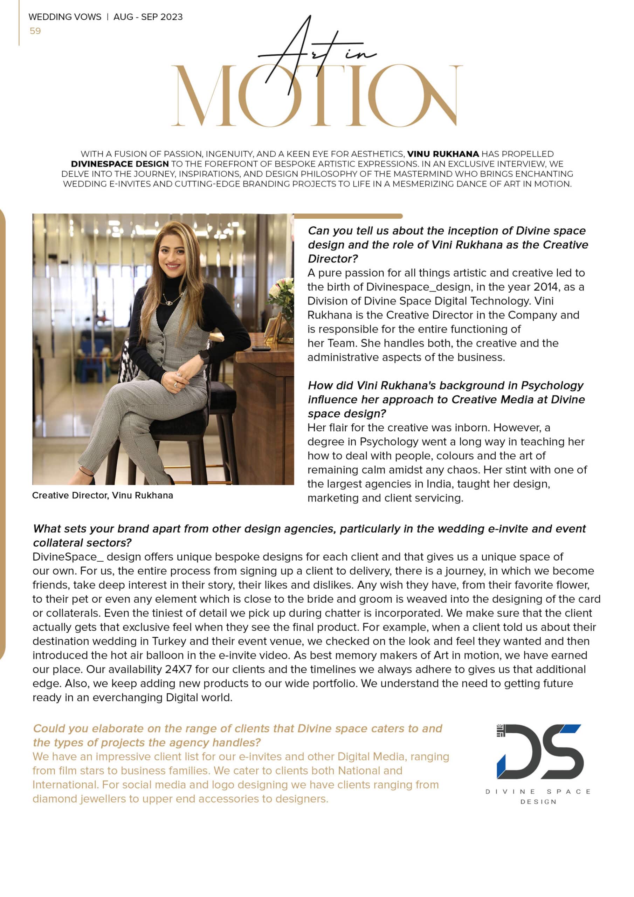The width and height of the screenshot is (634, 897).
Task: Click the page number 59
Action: point(35,31)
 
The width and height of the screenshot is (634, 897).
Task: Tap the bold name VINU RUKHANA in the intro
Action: point(443,154)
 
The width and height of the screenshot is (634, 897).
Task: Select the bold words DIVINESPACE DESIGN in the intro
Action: point(119,164)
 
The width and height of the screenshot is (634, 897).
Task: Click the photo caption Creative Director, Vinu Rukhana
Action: point(102,495)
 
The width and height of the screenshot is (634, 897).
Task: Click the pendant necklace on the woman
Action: point(168,302)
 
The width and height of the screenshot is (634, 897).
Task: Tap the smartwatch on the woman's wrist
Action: point(204,355)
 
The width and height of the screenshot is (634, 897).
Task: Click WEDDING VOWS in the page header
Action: point(65,17)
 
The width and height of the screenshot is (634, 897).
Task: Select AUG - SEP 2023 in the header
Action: point(148,17)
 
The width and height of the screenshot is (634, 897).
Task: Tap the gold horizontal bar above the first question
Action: point(348,216)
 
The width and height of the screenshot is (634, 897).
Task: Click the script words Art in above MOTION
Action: point(316,53)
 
